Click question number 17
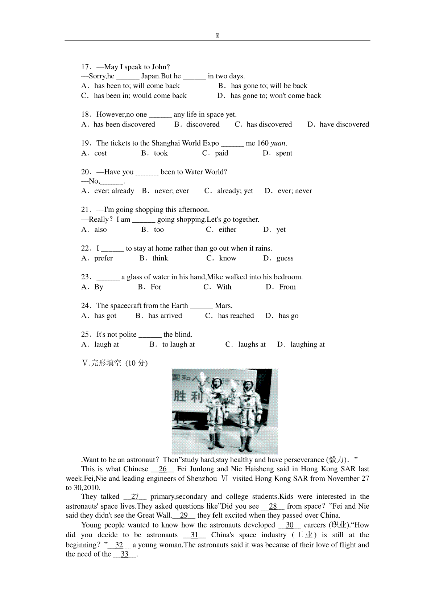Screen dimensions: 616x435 [86, 67]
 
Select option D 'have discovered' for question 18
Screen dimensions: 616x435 [344, 124]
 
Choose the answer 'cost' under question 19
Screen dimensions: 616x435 [100, 153]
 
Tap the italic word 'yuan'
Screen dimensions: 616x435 [278, 143]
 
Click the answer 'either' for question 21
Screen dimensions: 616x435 [227, 230]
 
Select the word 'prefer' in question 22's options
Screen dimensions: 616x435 [103, 258]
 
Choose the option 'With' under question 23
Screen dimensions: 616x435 [224, 287]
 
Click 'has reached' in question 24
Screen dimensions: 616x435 [236, 316]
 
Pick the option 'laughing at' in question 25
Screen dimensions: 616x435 [307, 345]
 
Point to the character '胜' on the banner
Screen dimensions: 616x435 [180, 396]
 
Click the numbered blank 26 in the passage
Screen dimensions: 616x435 [162, 469]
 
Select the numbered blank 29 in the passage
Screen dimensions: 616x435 [184, 516]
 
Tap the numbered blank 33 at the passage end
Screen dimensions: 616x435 [124, 554]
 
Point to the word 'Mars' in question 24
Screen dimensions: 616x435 [223, 306]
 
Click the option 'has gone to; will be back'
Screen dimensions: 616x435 [269, 86]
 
